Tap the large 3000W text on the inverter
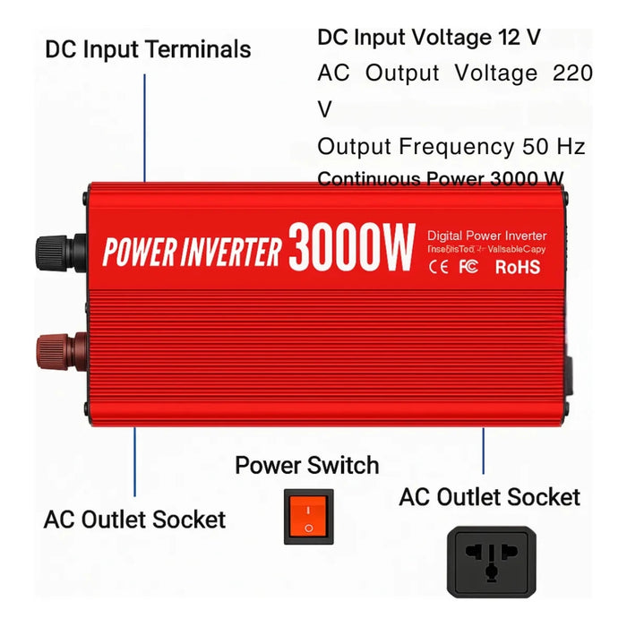click(x=351, y=246)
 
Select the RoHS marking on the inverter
click(x=518, y=266)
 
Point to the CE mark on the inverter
click(x=439, y=266)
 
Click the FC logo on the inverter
click(x=468, y=266)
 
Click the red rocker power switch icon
click(x=308, y=517)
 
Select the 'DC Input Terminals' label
click(x=148, y=48)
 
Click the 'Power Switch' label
click(x=307, y=466)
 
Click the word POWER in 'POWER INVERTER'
click(x=134, y=253)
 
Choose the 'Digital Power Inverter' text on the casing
click(x=486, y=236)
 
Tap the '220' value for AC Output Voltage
click(x=572, y=73)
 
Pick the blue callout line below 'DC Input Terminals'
click(x=145, y=125)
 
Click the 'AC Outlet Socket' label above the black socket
click(x=489, y=497)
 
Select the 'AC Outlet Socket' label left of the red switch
click(x=134, y=519)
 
